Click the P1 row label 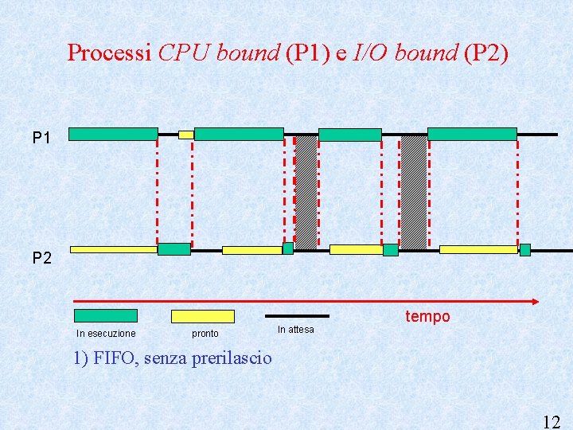[x=41, y=139]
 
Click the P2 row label [x=41, y=258]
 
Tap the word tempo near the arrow [x=427, y=317]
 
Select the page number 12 [x=551, y=422]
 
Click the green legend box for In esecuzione [x=105, y=316]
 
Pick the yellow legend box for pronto [x=203, y=316]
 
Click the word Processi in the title [x=109, y=53]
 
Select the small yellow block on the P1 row [x=185, y=135]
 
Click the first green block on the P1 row [x=113, y=134]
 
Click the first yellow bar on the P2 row [x=113, y=249]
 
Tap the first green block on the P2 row [x=173, y=249]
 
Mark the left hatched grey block [x=306, y=191]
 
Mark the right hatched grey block [x=414, y=191]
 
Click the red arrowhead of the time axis [x=536, y=302]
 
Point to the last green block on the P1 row [x=472, y=134]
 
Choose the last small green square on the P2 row [x=525, y=250]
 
